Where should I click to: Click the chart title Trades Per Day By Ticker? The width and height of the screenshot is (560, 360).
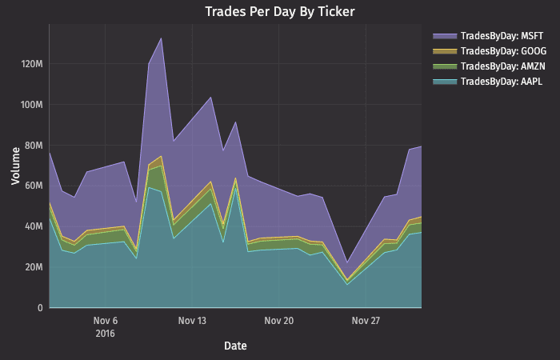click(x=279, y=11)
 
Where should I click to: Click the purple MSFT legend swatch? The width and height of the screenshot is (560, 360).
click(x=444, y=37)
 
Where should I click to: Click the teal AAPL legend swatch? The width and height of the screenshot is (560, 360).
click(x=444, y=81)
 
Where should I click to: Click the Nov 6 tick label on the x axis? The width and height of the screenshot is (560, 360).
click(x=106, y=322)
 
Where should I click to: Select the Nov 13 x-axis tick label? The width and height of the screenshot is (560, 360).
click(x=192, y=322)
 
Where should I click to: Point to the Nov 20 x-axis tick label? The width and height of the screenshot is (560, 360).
click(x=278, y=322)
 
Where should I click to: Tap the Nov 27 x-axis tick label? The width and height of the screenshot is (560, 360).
click(x=365, y=322)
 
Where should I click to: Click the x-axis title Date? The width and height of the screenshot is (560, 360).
click(x=235, y=346)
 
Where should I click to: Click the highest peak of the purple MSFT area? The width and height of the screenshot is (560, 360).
click(x=162, y=38)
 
